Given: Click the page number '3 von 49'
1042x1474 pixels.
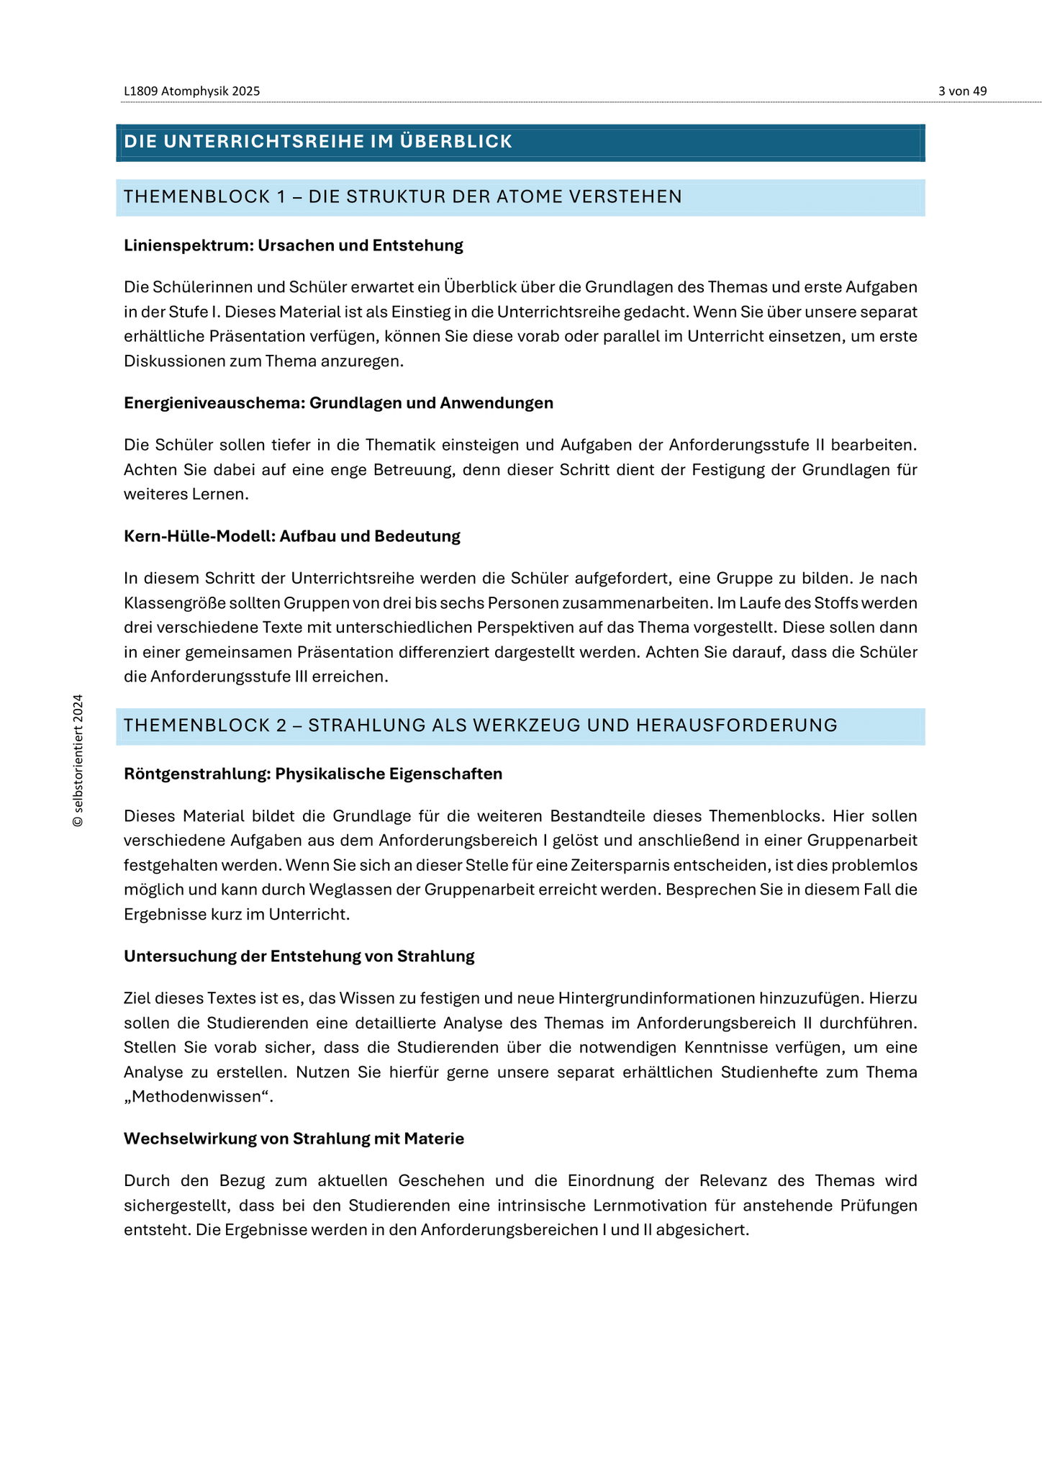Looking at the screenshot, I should click(x=962, y=91).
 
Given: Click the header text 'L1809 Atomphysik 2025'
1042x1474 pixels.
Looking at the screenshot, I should click(x=191, y=91).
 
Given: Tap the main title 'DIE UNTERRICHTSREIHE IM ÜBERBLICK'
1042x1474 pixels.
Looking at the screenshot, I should click(x=318, y=142).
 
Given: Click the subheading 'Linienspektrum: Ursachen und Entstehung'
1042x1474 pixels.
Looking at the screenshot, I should click(x=293, y=245).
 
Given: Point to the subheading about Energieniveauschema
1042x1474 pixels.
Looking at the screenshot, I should click(x=338, y=403).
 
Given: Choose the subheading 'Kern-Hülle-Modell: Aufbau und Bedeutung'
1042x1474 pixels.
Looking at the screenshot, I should click(x=291, y=536).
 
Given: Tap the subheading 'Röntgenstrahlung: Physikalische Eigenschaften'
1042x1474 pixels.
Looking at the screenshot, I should click(x=312, y=774).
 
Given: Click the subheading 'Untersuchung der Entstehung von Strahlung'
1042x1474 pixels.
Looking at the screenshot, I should click(x=299, y=957).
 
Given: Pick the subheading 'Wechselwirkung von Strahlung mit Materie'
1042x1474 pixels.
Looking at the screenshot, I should click(x=294, y=1139).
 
